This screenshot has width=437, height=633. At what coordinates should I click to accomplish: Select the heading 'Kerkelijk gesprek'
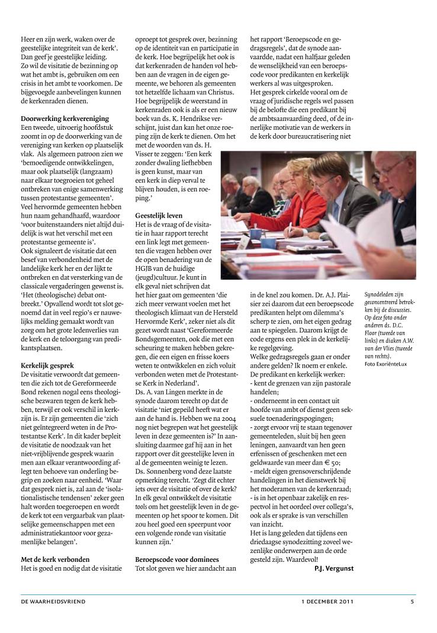(x=47, y=366)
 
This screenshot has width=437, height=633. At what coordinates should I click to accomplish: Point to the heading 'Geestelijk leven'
(x=159, y=216)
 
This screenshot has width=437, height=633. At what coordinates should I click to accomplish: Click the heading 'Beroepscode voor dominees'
(x=177, y=559)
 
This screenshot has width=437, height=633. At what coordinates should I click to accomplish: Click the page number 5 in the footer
(x=412, y=602)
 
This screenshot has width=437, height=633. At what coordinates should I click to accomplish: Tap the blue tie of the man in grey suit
(x=335, y=211)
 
